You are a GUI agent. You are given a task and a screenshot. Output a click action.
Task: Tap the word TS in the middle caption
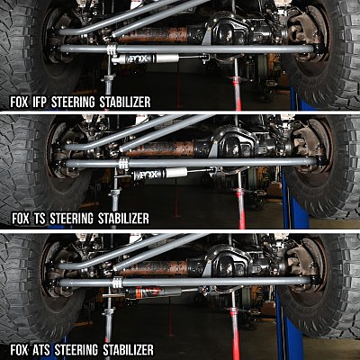click(x=40, y=219)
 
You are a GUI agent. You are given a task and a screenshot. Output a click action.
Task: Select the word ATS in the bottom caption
click(x=40, y=350)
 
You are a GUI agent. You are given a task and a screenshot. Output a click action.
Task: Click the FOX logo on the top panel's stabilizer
click(x=139, y=58)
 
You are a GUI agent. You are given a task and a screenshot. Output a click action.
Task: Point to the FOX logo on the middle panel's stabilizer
click(x=150, y=175)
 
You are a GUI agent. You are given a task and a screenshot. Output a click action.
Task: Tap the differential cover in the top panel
click(x=229, y=31)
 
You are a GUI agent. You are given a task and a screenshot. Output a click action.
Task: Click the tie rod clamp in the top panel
click(x=112, y=49)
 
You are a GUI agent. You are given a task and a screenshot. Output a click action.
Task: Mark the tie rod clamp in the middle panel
click(x=123, y=164)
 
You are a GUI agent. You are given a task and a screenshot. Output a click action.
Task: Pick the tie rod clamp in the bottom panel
click(x=117, y=282)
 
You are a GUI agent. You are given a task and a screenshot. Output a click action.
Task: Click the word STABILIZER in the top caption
click(x=125, y=103)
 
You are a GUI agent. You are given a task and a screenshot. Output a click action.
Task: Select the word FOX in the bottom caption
click(x=20, y=350)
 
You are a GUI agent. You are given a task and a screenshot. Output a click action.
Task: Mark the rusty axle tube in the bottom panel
click(x=154, y=268)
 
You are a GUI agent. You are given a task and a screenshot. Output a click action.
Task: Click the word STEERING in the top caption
click(x=74, y=103)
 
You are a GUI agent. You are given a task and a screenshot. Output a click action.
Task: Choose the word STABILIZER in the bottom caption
click(x=128, y=350)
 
